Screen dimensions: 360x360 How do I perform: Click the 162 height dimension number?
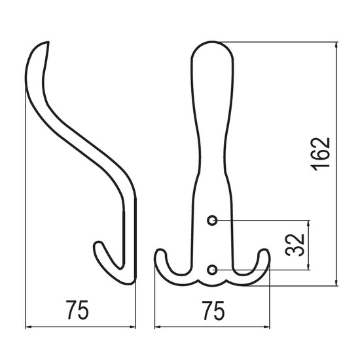320,154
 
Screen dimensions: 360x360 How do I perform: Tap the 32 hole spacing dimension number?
295,245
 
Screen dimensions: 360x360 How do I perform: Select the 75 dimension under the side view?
77,310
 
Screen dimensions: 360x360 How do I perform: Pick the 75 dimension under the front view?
213,311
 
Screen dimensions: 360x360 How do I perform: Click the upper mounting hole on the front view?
212,221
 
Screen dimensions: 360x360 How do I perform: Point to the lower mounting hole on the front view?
212,270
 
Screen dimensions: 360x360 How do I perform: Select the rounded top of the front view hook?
212,42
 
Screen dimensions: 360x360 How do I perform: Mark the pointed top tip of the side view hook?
48,42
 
